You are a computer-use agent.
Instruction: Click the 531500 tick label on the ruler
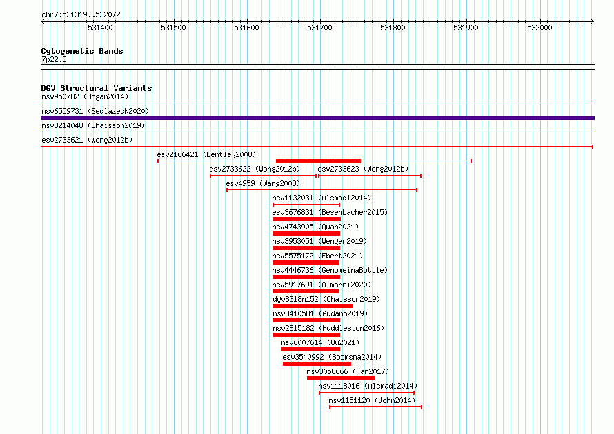pos(173,28)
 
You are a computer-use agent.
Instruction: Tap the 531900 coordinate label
pos(466,28)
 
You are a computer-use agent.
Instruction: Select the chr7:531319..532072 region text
pos(81,15)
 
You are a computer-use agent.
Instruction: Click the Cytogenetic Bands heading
pos(82,51)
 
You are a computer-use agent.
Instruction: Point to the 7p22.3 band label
pos(54,59)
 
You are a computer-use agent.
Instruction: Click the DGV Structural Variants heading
pos(97,88)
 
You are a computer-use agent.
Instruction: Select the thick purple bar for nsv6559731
pos(317,118)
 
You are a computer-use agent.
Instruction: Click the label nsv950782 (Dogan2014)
pos(85,96)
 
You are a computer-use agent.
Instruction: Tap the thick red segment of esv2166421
pos(318,161)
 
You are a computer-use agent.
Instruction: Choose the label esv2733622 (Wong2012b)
pos(255,169)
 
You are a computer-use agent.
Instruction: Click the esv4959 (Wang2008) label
pos(263,183)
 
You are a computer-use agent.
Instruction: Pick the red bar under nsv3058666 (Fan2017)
pos(341,378)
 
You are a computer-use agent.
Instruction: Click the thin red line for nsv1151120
pos(375,407)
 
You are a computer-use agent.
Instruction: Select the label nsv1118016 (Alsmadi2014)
pos(368,386)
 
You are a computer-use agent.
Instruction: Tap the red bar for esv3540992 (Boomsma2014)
pos(317,364)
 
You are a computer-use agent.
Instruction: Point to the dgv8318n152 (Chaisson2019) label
pos(326,299)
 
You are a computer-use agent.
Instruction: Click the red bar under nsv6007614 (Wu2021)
pos(310,349)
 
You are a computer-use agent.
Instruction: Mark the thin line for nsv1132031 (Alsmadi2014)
pos(306,205)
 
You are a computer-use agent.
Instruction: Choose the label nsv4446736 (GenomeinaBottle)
pos(330,270)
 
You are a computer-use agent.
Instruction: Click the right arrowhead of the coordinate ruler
pos(593,21)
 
